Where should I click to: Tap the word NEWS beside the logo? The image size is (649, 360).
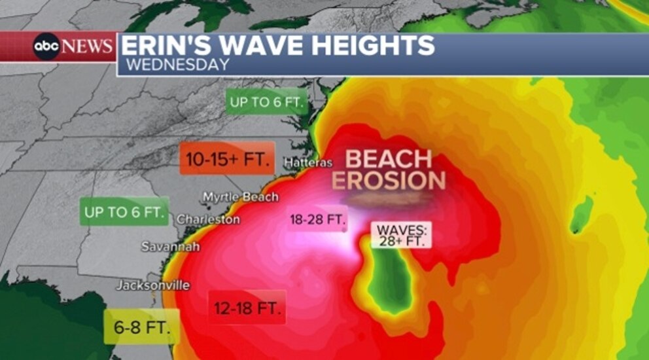[x=88, y=47]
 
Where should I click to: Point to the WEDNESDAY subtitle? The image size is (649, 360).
[x=177, y=65]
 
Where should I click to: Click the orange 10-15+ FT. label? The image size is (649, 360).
[x=227, y=158]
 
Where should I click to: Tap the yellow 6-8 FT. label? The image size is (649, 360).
[x=141, y=327]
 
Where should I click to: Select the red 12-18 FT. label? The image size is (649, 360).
[x=247, y=307]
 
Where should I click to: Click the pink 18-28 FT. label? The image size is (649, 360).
[x=317, y=220]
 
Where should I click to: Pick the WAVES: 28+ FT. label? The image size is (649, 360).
[x=402, y=236]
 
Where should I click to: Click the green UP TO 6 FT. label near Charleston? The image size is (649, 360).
[x=124, y=212]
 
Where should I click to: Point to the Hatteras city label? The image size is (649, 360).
[x=308, y=162]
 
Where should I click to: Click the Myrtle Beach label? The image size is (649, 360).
[x=240, y=197]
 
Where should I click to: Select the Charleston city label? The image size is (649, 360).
[x=208, y=219]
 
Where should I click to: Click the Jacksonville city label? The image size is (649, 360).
[x=153, y=285]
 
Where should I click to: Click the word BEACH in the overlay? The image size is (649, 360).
[x=389, y=159]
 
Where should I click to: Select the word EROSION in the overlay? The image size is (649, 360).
[x=389, y=181]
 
